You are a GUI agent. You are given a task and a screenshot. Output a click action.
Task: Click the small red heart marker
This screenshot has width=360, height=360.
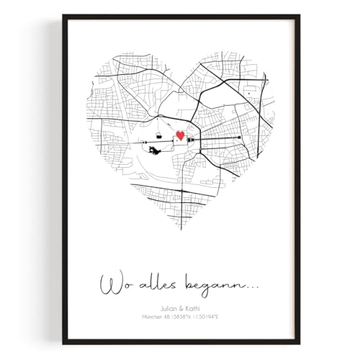tap(180, 135)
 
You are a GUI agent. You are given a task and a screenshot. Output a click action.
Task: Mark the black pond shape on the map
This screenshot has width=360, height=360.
tap(156, 150)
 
